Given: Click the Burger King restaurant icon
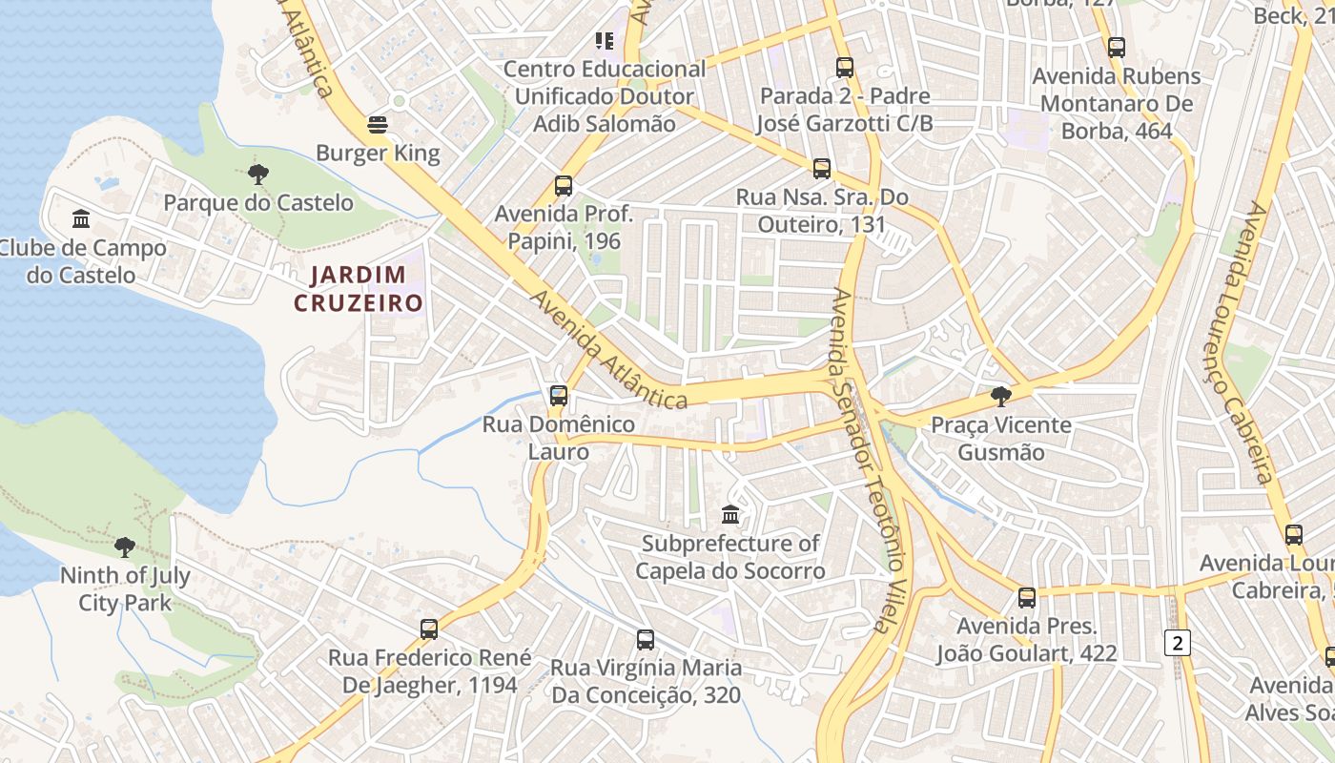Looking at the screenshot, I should point(378,125).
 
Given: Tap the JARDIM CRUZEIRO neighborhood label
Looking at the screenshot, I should point(358,289).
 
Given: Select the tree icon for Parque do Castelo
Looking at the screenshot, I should point(257,174).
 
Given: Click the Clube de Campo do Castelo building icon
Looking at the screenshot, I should point(81,219).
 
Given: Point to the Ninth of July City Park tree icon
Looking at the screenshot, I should point(124,546).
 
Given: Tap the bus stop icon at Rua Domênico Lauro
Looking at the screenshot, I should point(559,395).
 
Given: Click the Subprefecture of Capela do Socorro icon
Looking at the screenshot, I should point(730,515).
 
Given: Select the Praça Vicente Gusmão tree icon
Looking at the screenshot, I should point(1000,396).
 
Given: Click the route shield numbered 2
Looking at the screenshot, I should point(1178,643).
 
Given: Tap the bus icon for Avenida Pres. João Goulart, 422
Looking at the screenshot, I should point(1026,598).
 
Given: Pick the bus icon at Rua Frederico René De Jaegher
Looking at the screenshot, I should point(429,629).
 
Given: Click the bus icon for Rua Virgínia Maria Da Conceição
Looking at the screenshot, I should point(646,639).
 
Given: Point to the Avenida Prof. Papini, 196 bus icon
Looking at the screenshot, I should point(564,185).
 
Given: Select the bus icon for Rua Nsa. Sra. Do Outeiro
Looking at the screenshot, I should point(822,169).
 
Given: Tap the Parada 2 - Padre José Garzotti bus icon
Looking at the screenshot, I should point(845,68).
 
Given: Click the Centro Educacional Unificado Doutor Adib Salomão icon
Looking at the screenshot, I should point(605,40).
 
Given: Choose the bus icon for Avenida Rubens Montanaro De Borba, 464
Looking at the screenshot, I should point(1117,47).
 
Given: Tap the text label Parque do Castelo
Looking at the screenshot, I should point(257,203).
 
